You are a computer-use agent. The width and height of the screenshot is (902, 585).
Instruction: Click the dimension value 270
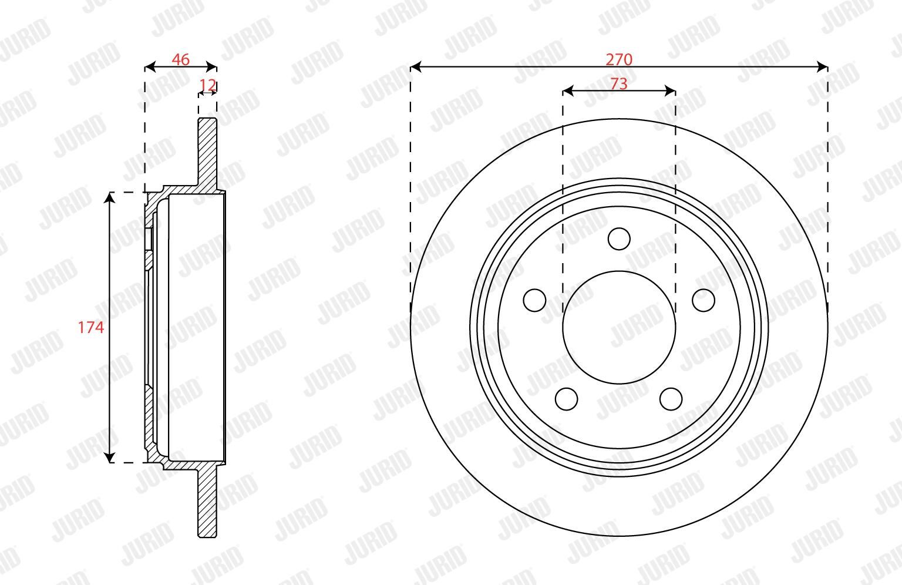tap(619, 60)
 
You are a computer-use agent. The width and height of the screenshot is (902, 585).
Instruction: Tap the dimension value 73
tap(619, 84)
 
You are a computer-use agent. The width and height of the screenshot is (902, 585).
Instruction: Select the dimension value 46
tap(180, 60)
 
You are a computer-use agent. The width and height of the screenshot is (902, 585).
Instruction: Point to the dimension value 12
tap(208, 85)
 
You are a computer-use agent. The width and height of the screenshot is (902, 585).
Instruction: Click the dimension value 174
tap(91, 327)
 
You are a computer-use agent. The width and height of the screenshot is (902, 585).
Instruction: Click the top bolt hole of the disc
tap(619, 239)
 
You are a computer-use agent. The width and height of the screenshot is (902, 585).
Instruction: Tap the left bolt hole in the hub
tap(535, 300)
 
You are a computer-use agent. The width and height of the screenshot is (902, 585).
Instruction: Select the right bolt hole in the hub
tap(704, 300)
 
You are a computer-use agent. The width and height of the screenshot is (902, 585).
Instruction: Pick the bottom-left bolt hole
tap(567, 399)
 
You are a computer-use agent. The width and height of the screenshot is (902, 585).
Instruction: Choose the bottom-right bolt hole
tap(671, 399)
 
